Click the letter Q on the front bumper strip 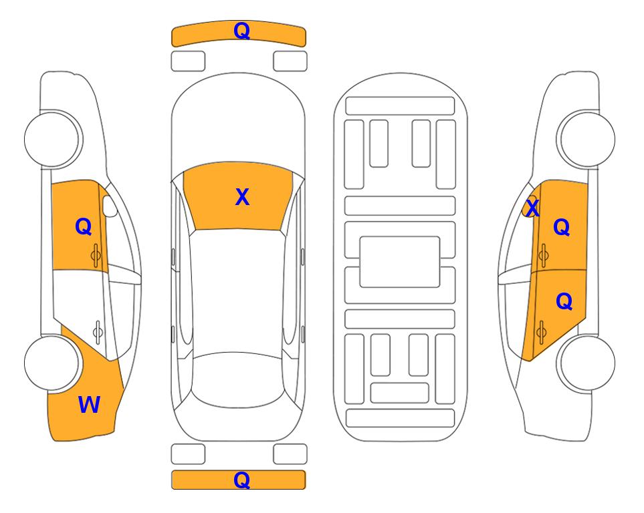241,31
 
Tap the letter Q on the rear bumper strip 241,480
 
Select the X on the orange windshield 242,197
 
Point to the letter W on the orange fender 89,405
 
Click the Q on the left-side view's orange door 84,226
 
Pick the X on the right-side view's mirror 532,208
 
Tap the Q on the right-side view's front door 562,227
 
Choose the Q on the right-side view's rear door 564,302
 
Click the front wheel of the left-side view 52,140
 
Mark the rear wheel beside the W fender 52,363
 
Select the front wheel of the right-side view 586,140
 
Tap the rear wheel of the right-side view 586,363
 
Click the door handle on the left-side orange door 96,255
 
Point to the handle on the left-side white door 98,332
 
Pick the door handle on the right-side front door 543,255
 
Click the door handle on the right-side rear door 541,332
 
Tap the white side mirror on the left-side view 110,206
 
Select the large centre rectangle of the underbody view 400,262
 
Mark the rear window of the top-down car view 239,379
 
